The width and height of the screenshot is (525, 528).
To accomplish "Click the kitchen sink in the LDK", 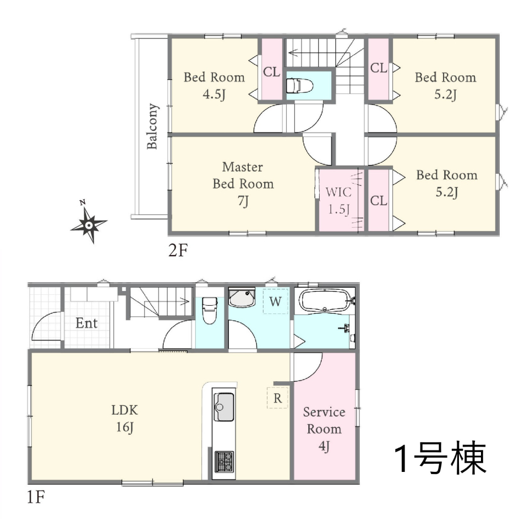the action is click(x=224, y=406).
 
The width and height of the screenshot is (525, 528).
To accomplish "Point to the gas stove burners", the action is click(x=225, y=461).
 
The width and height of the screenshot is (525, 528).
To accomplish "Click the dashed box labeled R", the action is click(x=277, y=398).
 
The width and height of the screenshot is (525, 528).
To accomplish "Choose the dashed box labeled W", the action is click(x=275, y=301).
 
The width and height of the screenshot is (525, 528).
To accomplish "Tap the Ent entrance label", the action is click(x=86, y=323).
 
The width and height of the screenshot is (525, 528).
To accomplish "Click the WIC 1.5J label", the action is click(x=338, y=201).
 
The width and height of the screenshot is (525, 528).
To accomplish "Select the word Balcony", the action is click(x=152, y=127).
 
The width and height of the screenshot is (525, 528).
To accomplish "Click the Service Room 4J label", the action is click(x=324, y=429).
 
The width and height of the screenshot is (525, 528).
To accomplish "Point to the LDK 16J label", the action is click(x=125, y=419).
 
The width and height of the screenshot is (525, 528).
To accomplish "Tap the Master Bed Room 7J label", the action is click(x=243, y=184).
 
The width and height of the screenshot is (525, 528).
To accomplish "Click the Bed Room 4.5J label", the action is click(x=214, y=86).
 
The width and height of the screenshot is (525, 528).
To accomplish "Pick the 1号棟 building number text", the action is click(x=440, y=458).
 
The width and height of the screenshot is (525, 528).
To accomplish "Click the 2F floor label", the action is click(x=178, y=250).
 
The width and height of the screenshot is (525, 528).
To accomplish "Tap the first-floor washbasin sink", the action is click(x=242, y=298).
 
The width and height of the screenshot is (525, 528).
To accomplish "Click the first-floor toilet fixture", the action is click(x=210, y=310).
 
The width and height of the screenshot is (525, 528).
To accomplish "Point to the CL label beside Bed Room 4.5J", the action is click(x=272, y=71).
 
